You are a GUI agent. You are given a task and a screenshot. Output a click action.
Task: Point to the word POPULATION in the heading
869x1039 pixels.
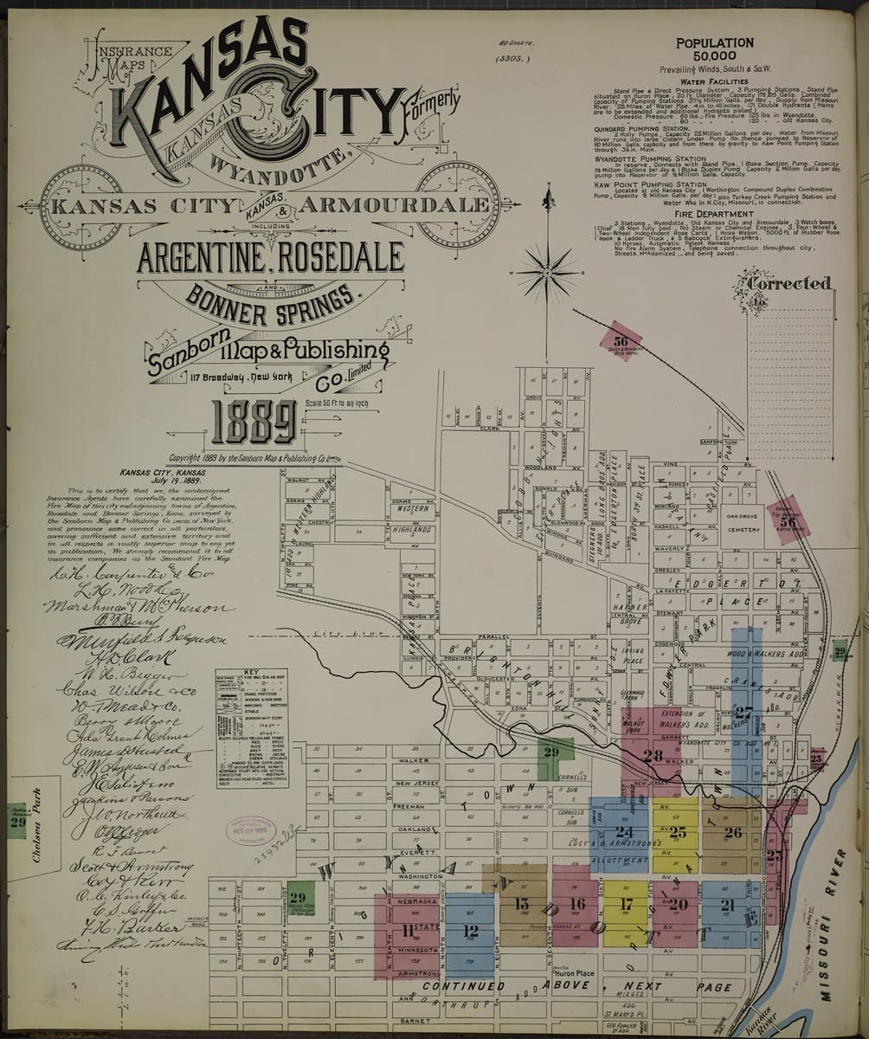[714, 42]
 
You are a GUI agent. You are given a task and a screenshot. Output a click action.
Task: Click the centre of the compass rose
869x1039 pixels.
[546, 273]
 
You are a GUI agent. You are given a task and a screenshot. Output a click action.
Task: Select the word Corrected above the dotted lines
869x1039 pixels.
[789, 283]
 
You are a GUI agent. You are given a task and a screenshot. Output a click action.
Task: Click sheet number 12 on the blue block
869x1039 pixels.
[470, 932]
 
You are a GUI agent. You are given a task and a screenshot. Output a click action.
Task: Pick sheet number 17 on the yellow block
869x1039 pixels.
[627, 905]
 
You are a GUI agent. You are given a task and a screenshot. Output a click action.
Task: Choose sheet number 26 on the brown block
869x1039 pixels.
[732, 833]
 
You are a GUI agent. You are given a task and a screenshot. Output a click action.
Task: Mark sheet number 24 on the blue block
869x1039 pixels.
[623, 832]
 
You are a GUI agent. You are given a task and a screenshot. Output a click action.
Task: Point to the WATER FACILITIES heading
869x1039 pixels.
[714, 81]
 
